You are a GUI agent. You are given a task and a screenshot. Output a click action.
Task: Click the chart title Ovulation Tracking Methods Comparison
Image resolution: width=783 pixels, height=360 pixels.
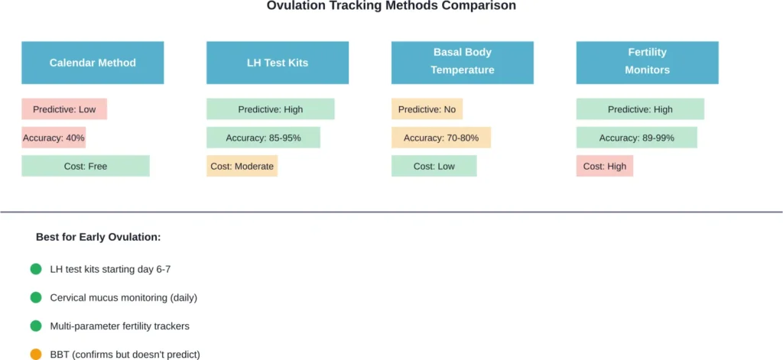click(391, 6)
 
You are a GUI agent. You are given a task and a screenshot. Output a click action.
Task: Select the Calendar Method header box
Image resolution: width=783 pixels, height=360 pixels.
click(93, 63)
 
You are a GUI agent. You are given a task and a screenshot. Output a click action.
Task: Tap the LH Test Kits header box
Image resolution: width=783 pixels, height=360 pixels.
click(278, 63)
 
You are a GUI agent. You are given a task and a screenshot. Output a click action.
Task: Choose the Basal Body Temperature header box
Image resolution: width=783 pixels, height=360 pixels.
click(462, 62)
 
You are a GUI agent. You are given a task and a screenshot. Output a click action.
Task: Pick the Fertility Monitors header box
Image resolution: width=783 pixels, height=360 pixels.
click(647, 62)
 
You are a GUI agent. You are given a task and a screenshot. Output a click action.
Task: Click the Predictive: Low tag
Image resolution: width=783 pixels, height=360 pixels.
click(64, 109)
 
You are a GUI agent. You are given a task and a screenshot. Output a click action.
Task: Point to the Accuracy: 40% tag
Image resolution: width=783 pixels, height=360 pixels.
click(54, 138)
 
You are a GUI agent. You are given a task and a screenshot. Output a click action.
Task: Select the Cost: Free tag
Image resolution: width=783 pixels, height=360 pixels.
click(86, 166)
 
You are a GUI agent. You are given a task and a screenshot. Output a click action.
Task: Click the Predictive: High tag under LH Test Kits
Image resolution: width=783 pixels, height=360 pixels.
click(270, 109)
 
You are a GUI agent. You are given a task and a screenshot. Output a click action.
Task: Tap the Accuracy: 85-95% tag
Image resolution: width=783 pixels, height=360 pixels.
click(263, 138)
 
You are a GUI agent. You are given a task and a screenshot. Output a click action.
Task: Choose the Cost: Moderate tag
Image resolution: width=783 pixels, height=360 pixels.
click(242, 166)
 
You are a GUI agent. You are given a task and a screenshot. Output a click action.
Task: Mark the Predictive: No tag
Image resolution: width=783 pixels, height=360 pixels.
click(427, 109)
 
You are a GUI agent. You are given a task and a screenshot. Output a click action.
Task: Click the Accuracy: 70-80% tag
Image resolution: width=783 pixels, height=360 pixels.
click(440, 138)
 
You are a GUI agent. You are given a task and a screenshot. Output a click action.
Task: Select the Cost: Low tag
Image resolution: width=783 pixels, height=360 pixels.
click(434, 166)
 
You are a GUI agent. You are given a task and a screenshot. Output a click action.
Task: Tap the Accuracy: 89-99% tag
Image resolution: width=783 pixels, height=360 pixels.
click(636, 138)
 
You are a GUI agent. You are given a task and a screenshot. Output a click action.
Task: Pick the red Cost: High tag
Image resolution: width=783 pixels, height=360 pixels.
click(604, 166)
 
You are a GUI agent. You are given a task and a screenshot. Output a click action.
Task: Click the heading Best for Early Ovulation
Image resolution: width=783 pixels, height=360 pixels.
click(98, 237)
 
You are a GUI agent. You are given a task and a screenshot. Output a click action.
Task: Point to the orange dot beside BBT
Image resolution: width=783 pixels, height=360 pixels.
click(35, 354)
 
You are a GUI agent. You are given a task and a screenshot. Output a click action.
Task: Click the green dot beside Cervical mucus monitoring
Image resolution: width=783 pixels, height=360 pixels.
click(35, 297)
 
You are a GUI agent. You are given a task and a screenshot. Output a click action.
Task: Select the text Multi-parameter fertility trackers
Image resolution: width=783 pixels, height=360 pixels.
click(119, 326)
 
